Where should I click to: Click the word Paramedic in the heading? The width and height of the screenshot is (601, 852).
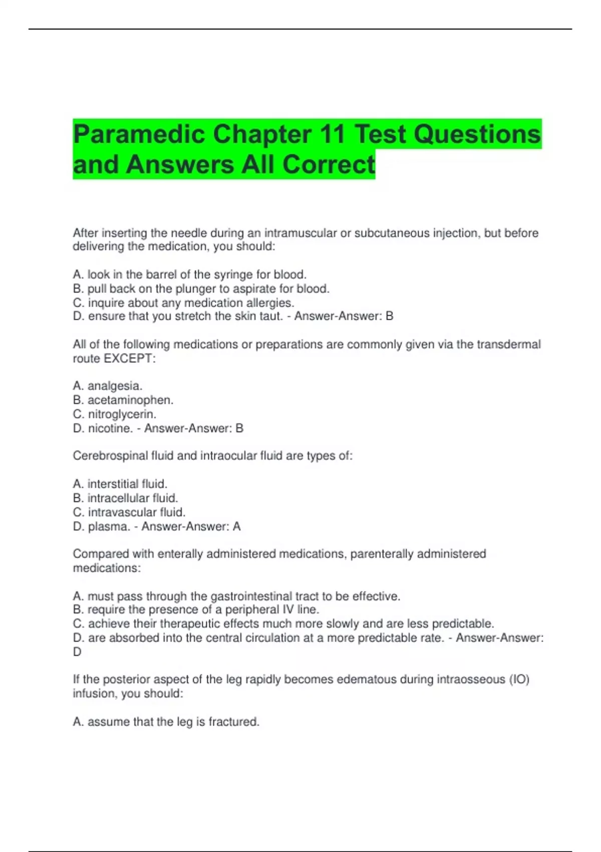click(x=139, y=134)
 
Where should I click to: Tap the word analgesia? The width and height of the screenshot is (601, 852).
click(x=115, y=386)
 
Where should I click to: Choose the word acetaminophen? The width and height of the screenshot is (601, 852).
click(x=130, y=400)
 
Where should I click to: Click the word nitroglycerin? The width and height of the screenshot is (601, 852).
click(x=122, y=414)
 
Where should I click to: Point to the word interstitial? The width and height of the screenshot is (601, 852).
click(x=113, y=484)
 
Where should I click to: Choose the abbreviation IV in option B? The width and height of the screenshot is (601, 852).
click(x=288, y=609)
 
